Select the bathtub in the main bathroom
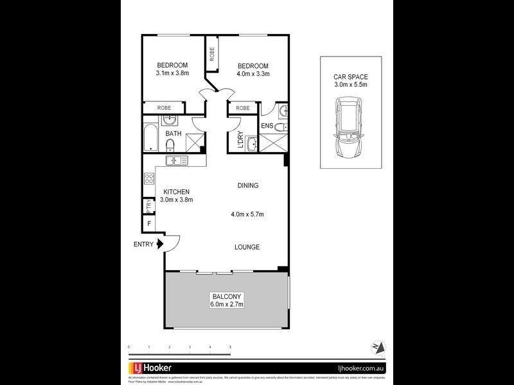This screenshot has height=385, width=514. [150, 136]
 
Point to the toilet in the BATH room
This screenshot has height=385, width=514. [170, 144]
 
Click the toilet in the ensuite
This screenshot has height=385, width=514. [284, 112]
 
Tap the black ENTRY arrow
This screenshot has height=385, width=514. [159, 244]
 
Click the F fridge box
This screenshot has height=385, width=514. [150, 225]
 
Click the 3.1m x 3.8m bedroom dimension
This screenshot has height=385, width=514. [172, 74]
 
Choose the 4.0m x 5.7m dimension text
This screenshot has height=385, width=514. [248, 214]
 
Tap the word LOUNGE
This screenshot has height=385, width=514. [247, 247]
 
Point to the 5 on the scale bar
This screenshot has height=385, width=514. [230, 347]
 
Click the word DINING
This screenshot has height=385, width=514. [247, 186]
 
